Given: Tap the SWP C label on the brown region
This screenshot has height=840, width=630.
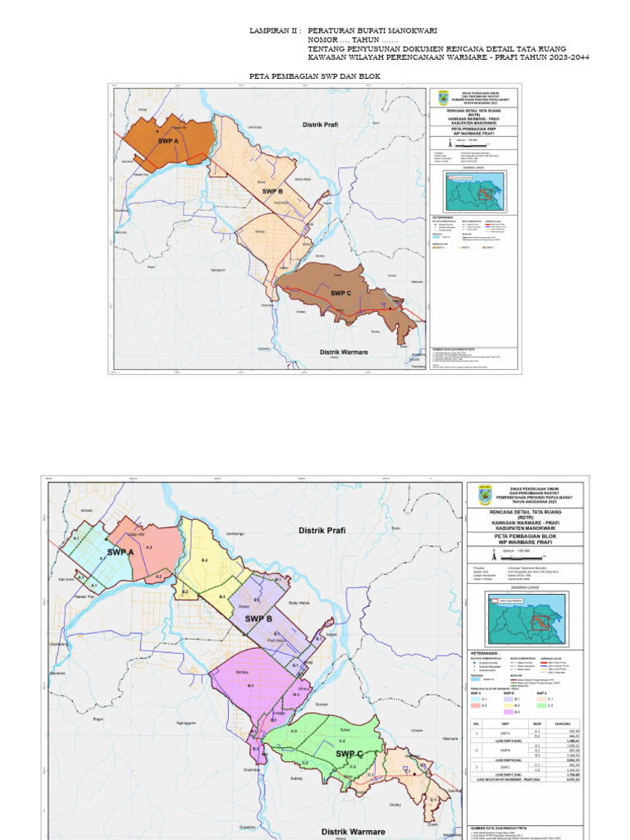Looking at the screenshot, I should point(342,292).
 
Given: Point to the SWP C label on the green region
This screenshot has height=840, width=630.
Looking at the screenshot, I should point(349,753).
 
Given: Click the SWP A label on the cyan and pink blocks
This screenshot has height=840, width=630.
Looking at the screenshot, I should point(120,552).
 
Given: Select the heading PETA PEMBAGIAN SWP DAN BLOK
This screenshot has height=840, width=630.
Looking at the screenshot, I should point(314,75).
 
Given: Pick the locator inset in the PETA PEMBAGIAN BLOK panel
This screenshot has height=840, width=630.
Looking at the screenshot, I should point(525,620).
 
